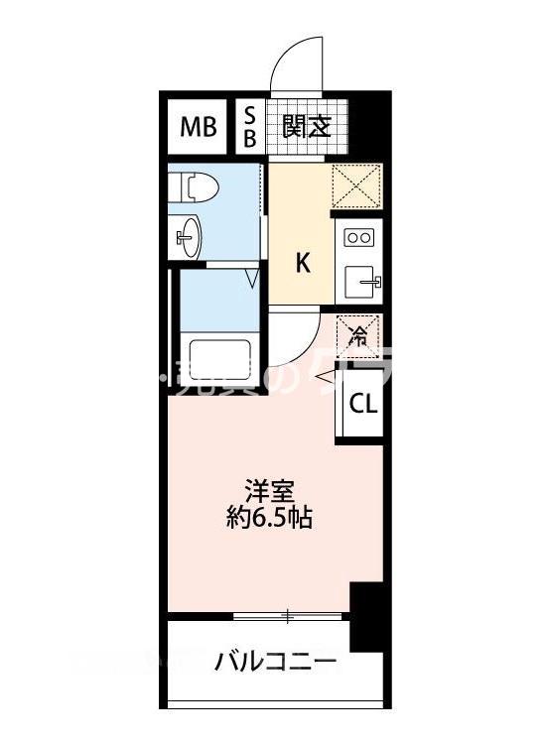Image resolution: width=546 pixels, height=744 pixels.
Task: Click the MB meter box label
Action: click(x=199, y=128)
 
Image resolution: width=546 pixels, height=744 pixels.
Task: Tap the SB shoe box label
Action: click(x=250, y=127)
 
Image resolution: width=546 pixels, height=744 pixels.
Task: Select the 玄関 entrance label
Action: click(x=305, y=127)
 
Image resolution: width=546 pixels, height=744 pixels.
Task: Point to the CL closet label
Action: click(x=361, y=405)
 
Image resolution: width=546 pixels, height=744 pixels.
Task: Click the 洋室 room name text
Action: click(x=268, y=491)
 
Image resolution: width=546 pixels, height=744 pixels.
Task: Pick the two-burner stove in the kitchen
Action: click(x=358, y=238)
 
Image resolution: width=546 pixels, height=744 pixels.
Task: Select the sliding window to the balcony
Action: click(x=288, y=618)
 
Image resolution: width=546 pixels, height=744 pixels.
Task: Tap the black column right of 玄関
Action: click(x=369, y=124)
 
